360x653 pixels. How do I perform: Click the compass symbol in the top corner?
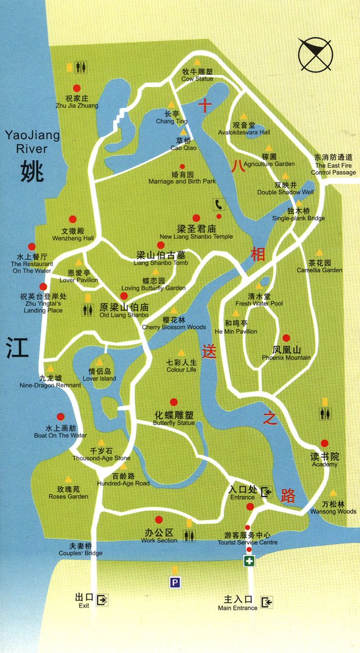[315, 54]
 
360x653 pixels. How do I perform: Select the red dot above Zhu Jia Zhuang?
[77, 88]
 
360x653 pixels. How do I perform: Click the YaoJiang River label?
[32, 141]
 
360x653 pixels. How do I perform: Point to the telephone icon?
[217, 204]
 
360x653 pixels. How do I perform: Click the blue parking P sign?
[175, 583]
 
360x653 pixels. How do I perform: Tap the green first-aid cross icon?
[249, 562]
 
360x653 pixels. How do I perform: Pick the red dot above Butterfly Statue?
[174, 402]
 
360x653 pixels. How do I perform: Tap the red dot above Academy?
[325, 443]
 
